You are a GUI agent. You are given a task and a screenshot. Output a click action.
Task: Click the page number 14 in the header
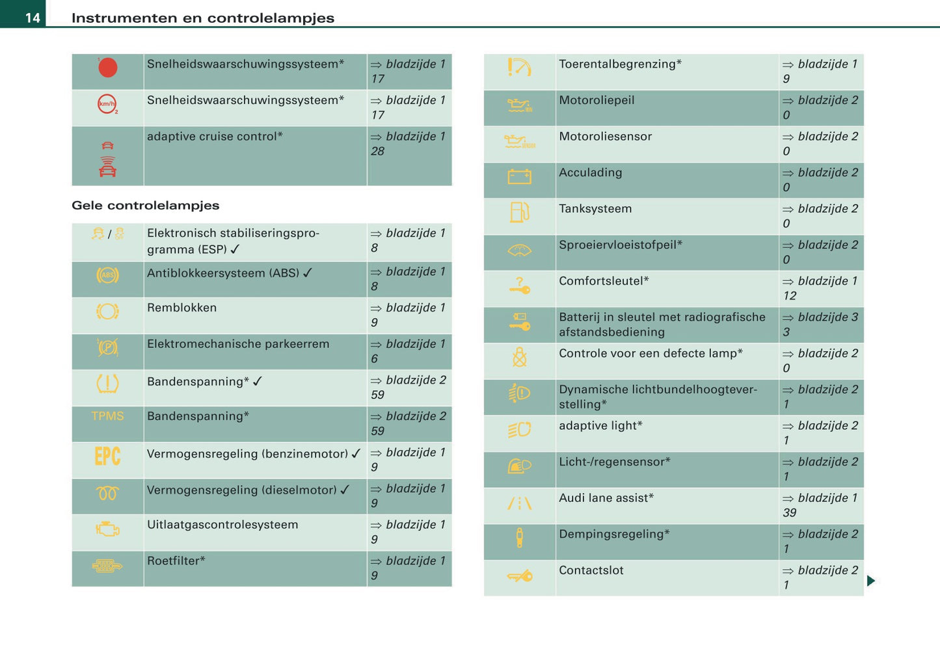(x=33, y=18)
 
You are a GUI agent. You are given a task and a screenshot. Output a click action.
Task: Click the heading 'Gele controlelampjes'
(x=145, y=205)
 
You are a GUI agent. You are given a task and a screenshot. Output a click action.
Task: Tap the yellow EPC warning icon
(x=107, y=457)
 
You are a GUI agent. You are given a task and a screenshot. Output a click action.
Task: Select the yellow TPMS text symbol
(x=107, y=416)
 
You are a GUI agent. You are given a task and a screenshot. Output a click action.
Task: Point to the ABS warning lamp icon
(x=107, y=276)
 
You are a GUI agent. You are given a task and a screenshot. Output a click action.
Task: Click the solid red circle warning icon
(x=108, y=68)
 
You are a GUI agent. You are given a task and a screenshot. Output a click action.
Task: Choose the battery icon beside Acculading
(x=519, y=177)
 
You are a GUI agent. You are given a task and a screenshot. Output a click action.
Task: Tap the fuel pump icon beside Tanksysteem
(x=519, y=212)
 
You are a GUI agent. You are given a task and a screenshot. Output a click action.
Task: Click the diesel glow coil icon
(x=107, y=494)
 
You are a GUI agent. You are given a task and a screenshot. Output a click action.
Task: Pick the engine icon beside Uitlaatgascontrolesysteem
(x=107, y=529)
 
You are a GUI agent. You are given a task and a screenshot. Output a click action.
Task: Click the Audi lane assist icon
(x=519, y=503)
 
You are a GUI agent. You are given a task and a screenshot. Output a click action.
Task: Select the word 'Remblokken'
(x=181, y=308)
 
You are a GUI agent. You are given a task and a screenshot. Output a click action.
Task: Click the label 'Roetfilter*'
(x=176, y=561)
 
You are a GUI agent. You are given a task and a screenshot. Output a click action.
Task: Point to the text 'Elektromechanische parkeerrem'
(x=238, y=344)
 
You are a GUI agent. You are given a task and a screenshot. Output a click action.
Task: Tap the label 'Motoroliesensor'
(x=605, y=137)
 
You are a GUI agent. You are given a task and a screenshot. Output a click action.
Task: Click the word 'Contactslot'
(x=591, y=570)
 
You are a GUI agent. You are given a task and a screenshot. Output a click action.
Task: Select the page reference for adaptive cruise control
(x=409, y=144)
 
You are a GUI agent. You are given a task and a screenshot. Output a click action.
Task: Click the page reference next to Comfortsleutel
(x=820, y=288)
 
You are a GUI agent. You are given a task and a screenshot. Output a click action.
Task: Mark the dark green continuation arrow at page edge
(x=871, y=581)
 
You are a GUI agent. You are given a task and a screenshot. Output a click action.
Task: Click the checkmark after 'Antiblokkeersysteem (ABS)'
(x=308, y=273)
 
